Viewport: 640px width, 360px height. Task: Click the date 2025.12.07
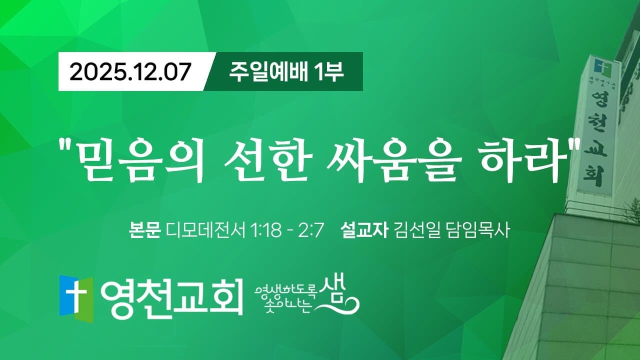coord(130,72)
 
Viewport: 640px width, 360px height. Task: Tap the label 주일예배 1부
coord(286,71)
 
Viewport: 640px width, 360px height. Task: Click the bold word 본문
coord(144,231)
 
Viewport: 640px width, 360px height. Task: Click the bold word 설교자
coord(363,231)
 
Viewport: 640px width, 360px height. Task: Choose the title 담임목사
coord(476,231)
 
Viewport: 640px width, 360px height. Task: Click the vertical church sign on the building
coord(597,127)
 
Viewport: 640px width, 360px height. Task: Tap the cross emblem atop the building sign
coord(599,66)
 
